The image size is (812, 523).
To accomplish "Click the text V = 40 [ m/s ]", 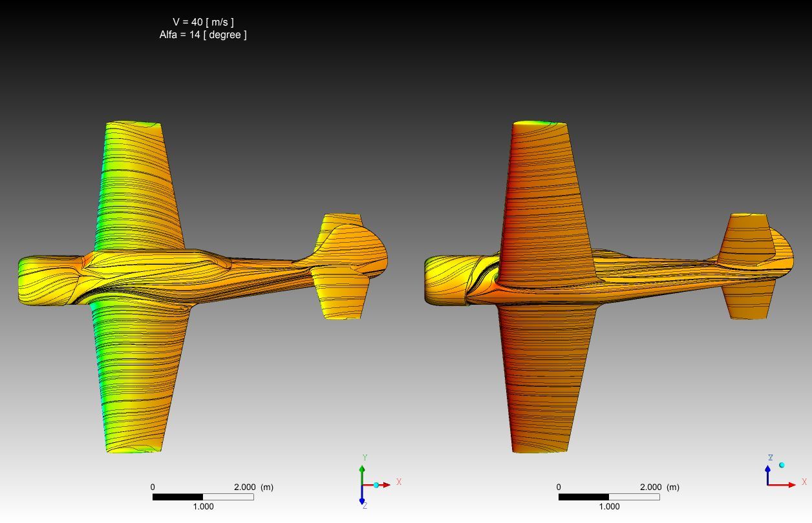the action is point(203,22).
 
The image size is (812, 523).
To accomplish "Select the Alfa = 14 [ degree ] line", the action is point(203,35).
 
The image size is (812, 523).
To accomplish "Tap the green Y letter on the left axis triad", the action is point(365,458).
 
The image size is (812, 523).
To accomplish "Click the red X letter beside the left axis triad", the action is point(399,482).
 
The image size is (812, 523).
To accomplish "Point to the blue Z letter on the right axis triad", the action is point(771,458).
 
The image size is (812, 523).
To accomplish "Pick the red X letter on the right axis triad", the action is point(804,482).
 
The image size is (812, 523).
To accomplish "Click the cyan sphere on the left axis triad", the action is point(376,485).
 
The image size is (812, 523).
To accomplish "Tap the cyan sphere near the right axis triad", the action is point(782,465).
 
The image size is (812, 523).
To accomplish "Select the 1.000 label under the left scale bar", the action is point(203,506).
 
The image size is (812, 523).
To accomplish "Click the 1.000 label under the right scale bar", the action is point(609,506).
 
